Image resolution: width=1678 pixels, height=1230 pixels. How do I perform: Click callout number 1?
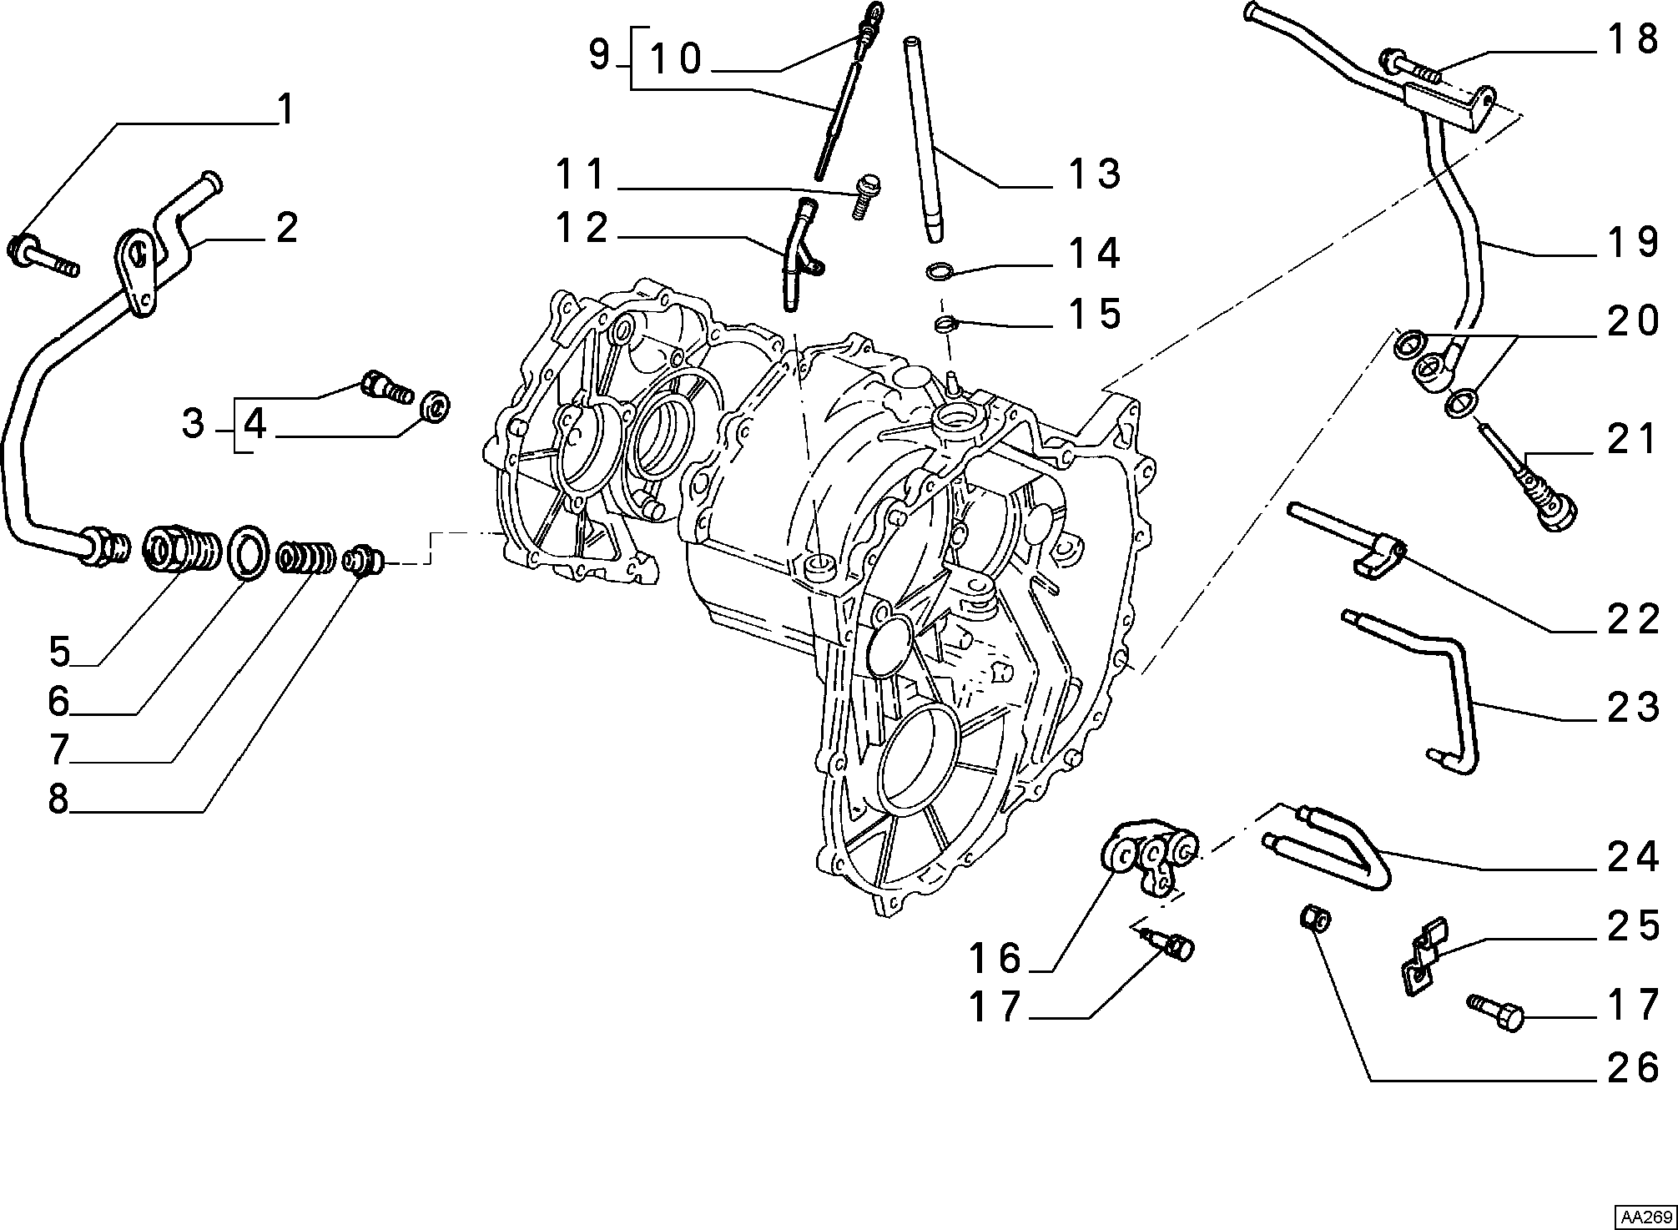[x=285, y=109]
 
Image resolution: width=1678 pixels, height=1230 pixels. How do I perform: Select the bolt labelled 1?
[x=43, y=255]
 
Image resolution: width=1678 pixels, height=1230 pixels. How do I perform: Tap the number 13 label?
[x=1095, y=174]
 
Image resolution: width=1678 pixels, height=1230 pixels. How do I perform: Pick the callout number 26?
[x=1634, y=1067]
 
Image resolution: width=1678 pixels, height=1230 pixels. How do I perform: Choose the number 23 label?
[x=1634, y=707]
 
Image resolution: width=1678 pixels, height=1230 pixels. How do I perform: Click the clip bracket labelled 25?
[x=1424, y=955]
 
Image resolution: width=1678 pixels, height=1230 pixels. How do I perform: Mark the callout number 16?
[x=996, y=958]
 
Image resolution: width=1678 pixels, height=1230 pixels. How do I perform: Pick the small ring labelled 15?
[x=943, y=322]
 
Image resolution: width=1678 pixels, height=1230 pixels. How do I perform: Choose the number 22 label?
[x=1634, y=619]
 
